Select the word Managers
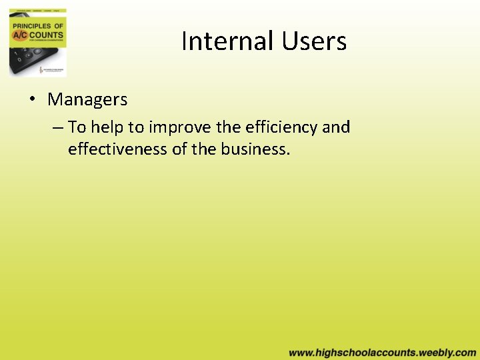pos(87,100)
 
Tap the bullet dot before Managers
pos(32,100)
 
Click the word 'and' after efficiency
pos(336,127)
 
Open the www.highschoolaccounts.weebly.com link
pos(383,352)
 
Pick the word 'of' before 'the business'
pos(179,149)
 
